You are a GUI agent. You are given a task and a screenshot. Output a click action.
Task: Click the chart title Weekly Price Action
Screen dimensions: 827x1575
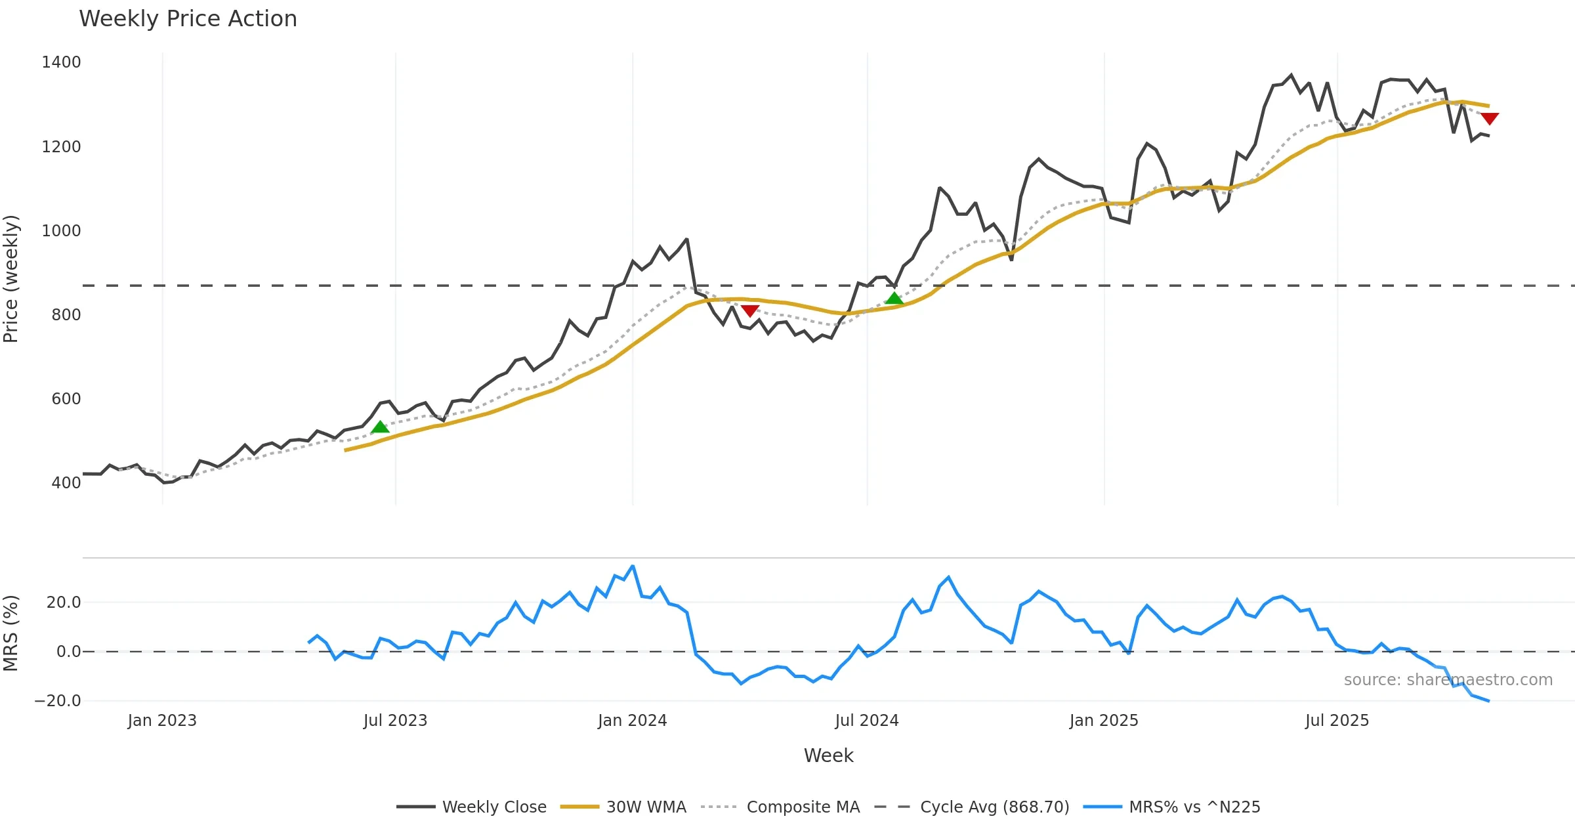click(x=188, y=19)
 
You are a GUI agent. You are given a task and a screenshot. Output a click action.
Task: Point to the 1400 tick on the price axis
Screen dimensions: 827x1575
click(x=61, y=62)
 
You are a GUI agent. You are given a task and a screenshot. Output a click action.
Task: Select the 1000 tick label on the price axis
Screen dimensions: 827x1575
click(x=61, y=231)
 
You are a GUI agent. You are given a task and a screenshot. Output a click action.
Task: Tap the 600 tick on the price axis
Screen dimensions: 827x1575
click(x=66, y=399)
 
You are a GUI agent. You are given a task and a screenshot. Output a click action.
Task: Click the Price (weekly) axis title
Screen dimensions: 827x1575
click(x=11, y=279)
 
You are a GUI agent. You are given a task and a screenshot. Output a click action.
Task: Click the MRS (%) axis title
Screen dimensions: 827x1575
click(x=11, y=633)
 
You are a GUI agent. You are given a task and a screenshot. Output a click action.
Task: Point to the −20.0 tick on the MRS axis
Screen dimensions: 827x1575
click(x=58, y=701)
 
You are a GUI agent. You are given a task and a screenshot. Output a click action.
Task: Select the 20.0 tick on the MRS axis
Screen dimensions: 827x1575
click(x=64, y=603)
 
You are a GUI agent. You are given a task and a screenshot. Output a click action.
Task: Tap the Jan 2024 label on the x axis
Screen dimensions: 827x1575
click(x=632, y=721)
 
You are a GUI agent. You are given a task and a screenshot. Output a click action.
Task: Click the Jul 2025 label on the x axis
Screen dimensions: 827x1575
click(x=1337, y=721)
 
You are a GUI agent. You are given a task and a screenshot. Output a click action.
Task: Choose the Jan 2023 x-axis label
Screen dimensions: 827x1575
click(x=162, y=721)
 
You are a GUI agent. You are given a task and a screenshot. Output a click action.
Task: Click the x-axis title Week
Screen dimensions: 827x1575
click(x=828, y=756)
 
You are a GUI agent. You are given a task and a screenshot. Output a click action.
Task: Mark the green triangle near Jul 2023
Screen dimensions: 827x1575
click(x=380, y=427)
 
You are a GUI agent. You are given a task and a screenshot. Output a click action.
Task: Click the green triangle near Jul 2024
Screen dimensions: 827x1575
click(x=894, y=299)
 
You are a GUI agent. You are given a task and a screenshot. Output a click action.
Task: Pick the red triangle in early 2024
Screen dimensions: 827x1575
click(x=750, y=310)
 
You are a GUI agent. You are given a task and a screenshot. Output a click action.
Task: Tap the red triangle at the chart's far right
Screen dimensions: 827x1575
click(x=1490, y=118)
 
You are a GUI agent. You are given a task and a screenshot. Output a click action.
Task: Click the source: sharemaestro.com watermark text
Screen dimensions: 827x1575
click(x=1448, y=680)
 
